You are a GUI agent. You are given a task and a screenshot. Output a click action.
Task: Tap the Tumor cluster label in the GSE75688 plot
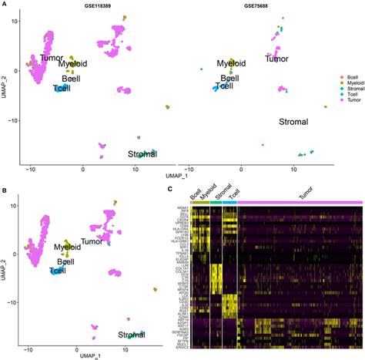(280, 59)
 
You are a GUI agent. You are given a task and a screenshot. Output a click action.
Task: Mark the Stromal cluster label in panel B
(132, 335)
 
